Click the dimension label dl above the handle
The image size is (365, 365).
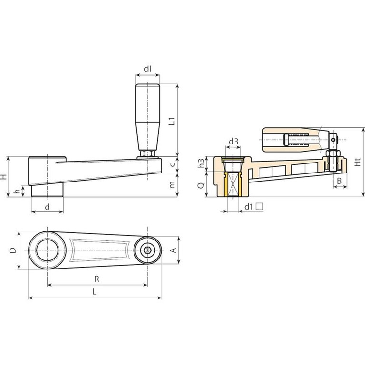(148, 69)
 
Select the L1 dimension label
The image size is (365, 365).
(172, 121)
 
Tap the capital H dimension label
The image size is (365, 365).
(3, 177)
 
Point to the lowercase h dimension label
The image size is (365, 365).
(17, 192)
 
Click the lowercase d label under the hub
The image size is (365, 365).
(47, 207)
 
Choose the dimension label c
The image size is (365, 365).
(172, 164)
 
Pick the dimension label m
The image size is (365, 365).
(172, 185)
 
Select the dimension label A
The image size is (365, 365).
(173, 250)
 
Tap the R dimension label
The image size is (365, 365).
(97, 279)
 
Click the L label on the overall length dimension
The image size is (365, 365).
(94, 292)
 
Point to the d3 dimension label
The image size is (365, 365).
(233, 141)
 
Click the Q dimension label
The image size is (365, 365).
(201, 185)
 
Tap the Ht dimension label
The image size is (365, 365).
(357, 162)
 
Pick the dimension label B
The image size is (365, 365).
(339, 181)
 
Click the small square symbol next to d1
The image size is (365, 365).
(259, 206)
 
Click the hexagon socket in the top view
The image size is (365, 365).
(147, 250)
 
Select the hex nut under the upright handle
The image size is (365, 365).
(147, 154)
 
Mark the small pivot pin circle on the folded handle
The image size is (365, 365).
(333, 140)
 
